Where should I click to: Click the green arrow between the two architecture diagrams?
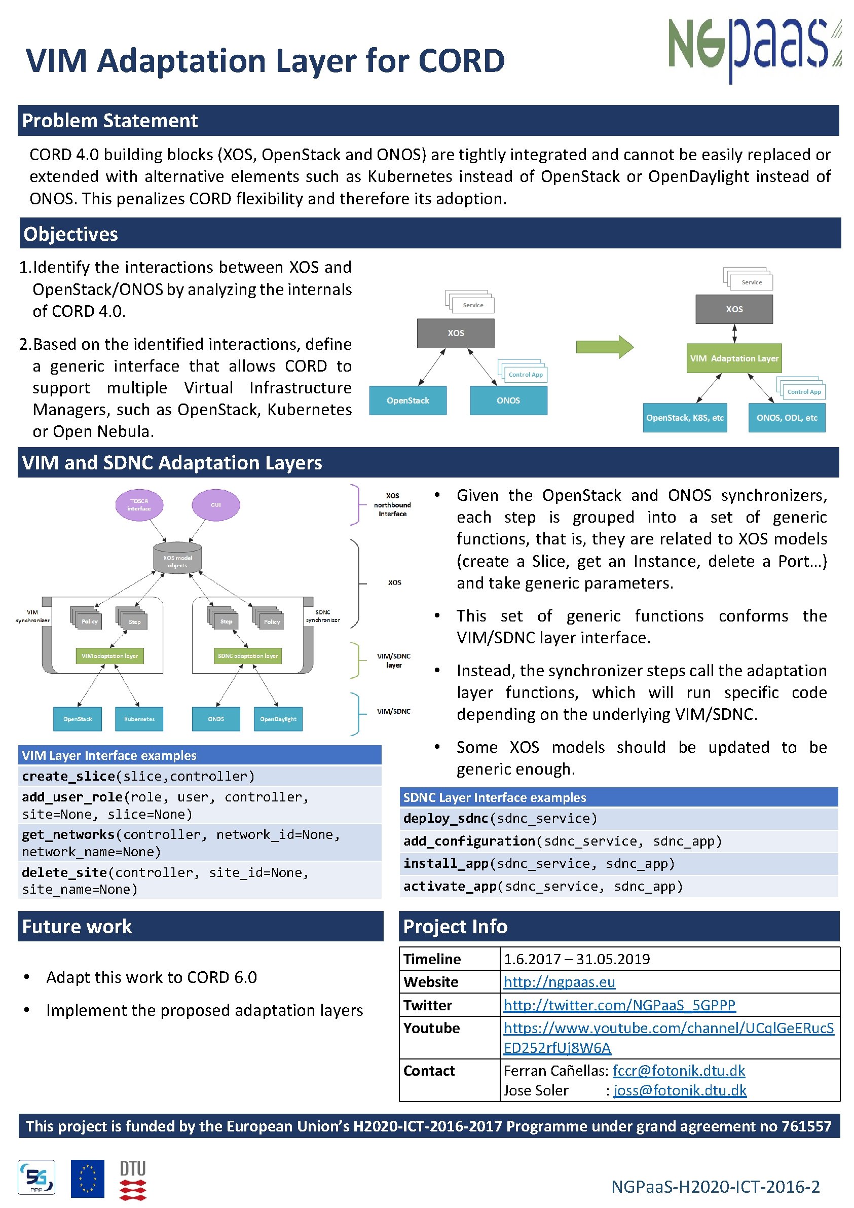pyautogui.click(x=604, y=347)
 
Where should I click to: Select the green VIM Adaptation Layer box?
pyautogui.click(x=734, y=358)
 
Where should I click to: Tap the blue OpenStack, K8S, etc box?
pyautogui.click(x=685, y=418)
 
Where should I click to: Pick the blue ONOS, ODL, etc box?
pyautogui.click(x=787, y=418)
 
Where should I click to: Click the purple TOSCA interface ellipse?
pyautogui.click(x=139, y=504)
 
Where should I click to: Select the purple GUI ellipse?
pyautogui.click(x=216, y=504)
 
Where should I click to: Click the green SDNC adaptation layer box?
pyautogui.click(x=248, y=655)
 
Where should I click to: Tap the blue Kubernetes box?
pyautogui.click(x=139, y=719)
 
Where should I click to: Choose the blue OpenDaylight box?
pyautogui.click(x=278, y=719)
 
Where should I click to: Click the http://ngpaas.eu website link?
pyautogui.click(x=559, y=982)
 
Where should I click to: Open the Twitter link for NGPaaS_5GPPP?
pyautogui.click(x=619, y=1005)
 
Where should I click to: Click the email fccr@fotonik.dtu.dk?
pyautogui.click(x=679, y=1071)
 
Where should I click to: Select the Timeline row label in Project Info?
pyautogui.click(x=432, y=959)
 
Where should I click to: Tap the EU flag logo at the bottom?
pyautogui.click(x=87, y=1179)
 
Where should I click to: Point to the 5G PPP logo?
pyautogui.click(x=36, y=1178)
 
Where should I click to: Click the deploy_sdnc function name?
pyautogui.click(x=445, y=818)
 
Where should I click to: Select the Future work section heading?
pyautogui.click(x=77, y=926)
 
